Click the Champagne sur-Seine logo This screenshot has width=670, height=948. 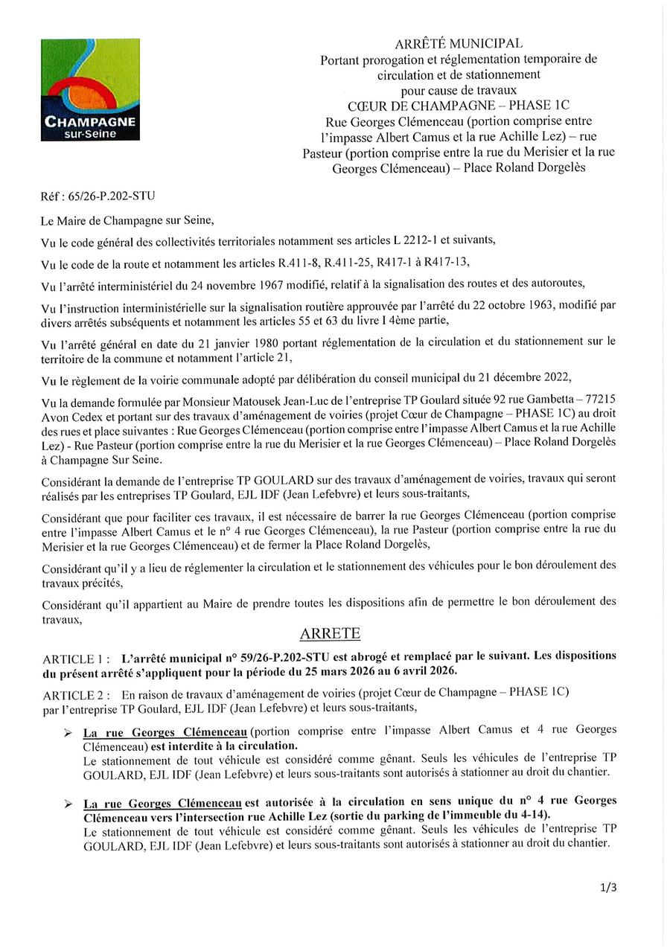(90, 90)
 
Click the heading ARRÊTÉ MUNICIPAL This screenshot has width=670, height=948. (458, 45)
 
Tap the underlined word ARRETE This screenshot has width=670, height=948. (330, 634)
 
